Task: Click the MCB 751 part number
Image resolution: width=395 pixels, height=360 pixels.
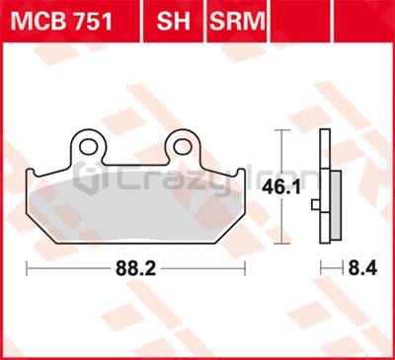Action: pyautogui.click(x=61, y=22)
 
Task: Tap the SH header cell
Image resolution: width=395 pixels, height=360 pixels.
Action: pyautogui.click(x=174, y=21)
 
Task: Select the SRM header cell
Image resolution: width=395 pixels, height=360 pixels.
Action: pyautogui.click(x=237, y=21)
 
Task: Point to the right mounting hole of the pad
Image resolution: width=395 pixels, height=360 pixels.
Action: pyautogui.click(x=183, y=146)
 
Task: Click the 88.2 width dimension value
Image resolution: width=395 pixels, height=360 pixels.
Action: pyautogui.click(x=135, y=269)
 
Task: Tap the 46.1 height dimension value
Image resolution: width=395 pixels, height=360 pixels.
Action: pyautogui.click(x=281, y=188)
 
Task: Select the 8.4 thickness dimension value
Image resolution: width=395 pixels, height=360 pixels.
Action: pyautogui.click(x=362, y=269)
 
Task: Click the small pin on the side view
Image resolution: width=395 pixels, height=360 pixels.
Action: pyautogui.click(x=315, y=205)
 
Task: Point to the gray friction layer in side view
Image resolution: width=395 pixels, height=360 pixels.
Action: pyautogui.click(x=336, y=205)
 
